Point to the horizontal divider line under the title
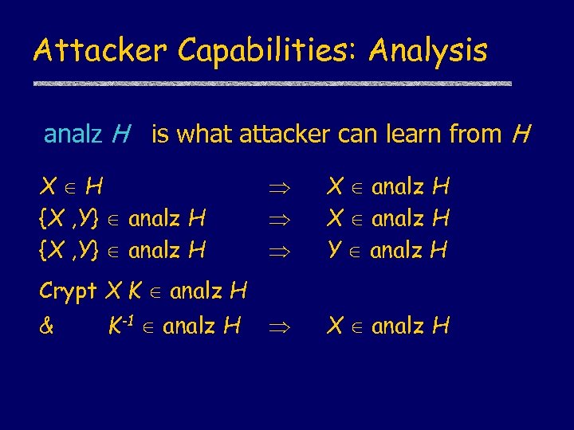click(272, 83)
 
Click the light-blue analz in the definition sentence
click(73, 135)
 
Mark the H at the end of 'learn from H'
click(521, 135)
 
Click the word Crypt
click(69, 292)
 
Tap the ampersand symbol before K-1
click(46, 325)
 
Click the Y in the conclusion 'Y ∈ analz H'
click(336, 250)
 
